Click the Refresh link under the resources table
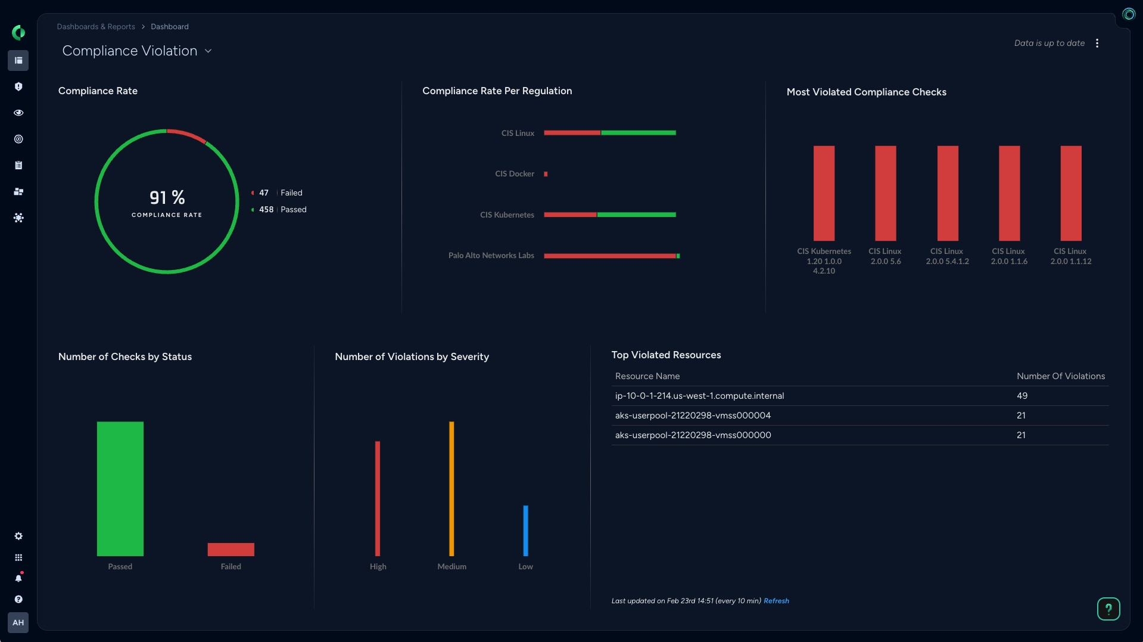click(x=776, y=601)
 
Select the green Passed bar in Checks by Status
click(x=120, y=489)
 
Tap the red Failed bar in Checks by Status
click(x=231, y=549)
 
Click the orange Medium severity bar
click(x=451, y=489)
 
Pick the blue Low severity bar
click(x=525, y=531)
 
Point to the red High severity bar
click(x=378, y=498)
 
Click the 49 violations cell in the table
click(x=1022, y=396)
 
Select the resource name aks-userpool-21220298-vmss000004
click(x=693, y=415)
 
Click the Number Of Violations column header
click(x=1060, y=376)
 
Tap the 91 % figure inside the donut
click(x=167, y=198)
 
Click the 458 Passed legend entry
click(x=282, y=210)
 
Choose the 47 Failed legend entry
click(x=280, y=193)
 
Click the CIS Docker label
click(x=515, y=174)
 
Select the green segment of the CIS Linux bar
click(x=638, y=133)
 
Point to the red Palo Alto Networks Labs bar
click(x=609, y=256)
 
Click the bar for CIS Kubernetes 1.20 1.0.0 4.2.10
click(x=824, y=193)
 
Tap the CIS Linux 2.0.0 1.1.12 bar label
click(x=1070, y=256)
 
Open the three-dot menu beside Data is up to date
click(x=1097, y=44)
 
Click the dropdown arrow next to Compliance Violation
click(x=208, y=51)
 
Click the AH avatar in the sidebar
click(x=18, y=622)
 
